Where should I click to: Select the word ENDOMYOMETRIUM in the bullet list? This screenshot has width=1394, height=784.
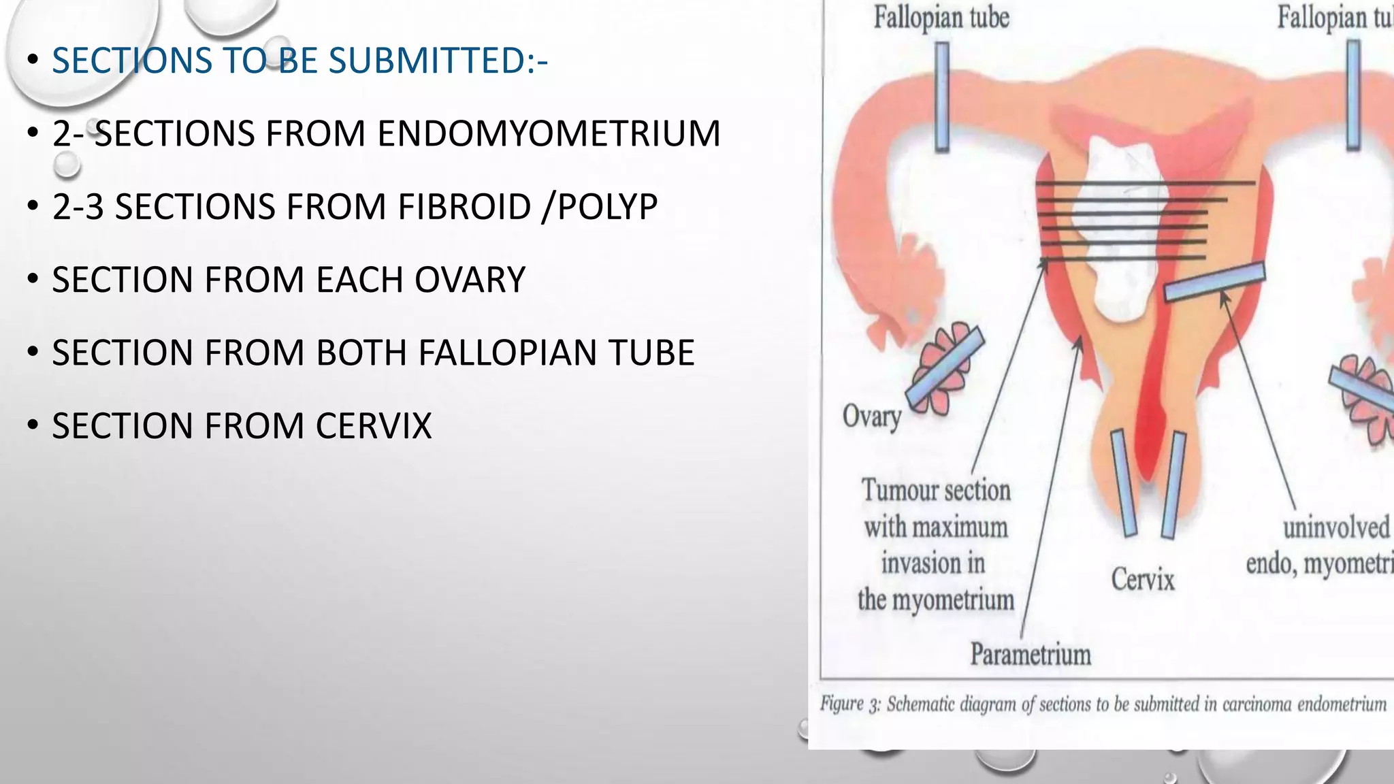[x=549, y=133]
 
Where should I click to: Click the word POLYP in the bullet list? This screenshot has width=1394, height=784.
[x=607, y=207]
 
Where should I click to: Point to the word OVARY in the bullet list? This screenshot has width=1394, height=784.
[x=470, y=280]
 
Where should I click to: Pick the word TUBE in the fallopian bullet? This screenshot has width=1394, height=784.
[x=645, y=353]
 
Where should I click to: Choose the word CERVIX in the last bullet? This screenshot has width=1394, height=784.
[x=373, y=426]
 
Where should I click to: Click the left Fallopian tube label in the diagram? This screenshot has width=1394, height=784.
[x=941, y=18]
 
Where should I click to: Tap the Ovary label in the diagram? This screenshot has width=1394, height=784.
[x=872, y=416]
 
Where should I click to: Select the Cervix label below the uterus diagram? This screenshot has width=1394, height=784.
[x=1143, y=579]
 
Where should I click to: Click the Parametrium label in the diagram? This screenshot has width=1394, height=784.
[x=1031, y=654]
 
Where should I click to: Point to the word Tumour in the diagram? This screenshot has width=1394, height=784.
[x=893, y=490]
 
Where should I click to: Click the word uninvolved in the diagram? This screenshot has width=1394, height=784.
[x=1335, y=527]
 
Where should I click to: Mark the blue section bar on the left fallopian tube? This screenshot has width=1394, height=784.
[x=942, y=97]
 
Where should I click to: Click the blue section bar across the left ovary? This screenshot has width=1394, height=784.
[x=945, y=366]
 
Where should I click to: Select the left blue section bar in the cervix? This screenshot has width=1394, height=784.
[x=1124, y=483]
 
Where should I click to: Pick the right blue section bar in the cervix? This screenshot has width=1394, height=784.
[x=1173, y=485]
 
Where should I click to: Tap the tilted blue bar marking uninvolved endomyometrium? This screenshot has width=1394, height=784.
[x=1214, y=282]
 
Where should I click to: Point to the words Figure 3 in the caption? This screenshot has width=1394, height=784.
[x=850, y=703]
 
